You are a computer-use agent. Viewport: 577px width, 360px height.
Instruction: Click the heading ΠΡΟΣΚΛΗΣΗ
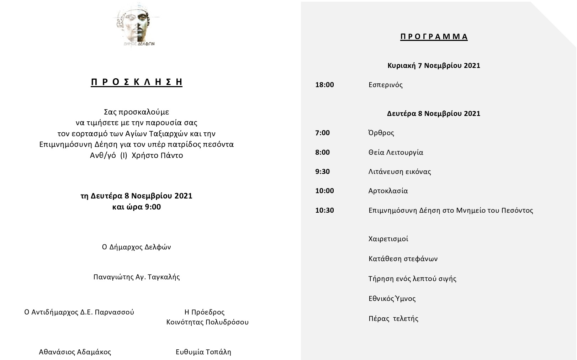(137, 82)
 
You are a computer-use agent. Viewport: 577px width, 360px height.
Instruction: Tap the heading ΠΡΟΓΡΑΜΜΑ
(434, 37)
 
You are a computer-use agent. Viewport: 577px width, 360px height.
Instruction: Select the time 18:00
(324, 85)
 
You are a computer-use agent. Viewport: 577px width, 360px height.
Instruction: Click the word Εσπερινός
(385, 85)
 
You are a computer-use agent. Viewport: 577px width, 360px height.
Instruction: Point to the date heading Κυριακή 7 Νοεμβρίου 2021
(434, 65)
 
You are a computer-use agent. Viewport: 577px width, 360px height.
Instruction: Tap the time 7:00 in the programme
(322, 133)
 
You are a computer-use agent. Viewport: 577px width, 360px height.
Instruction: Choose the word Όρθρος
(381, 133)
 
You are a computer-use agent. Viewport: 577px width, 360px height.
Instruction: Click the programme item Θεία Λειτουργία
(396, 152)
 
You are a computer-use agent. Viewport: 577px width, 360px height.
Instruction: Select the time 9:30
(322, 171)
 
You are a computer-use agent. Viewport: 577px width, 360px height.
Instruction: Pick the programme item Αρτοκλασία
(388, 191)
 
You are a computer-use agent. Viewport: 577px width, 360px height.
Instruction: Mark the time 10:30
(324, 210)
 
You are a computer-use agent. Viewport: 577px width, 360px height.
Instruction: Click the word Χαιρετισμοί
(388, 239)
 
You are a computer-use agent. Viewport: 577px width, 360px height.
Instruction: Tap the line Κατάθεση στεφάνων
(403, 259)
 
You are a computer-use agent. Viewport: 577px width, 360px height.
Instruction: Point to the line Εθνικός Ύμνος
(392, 298)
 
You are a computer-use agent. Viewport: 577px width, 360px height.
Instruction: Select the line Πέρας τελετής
(393, 318)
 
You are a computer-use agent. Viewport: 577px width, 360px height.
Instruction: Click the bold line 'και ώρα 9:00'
(137, 207)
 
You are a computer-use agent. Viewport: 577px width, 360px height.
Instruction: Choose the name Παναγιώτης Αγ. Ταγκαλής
(137, 277)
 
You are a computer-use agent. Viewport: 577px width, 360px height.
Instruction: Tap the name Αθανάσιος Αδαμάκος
(75, 352)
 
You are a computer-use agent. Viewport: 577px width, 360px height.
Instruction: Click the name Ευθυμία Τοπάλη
(203, 352)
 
